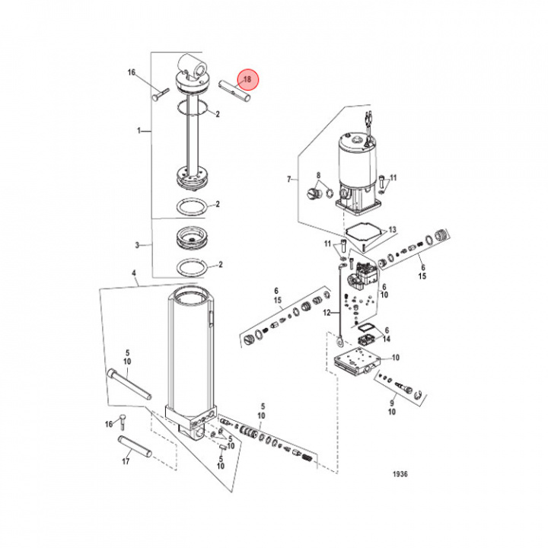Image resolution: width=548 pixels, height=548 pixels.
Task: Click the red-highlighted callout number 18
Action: (247, 79)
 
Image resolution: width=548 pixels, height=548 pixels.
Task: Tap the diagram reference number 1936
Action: (400, 474)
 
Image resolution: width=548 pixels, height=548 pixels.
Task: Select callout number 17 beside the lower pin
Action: (126, 461)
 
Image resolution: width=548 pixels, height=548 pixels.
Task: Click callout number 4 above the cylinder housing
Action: (133, 273)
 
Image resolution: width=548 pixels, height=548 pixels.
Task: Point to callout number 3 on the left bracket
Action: (137, 245)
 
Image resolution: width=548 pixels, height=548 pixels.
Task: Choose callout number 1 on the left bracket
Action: (139, 131)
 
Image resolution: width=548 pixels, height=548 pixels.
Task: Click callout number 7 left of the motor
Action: (289, 180)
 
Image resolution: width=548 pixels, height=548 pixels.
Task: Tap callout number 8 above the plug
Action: (318, 175)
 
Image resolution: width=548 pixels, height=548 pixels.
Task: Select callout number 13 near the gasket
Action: (393, 230)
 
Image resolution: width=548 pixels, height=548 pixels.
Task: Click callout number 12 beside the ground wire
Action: (327, 313)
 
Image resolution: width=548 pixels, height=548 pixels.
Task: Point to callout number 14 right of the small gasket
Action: (387, 339)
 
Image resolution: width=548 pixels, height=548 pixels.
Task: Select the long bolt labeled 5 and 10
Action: (129, 384)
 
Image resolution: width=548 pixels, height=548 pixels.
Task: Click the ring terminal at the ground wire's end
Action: (339, 341)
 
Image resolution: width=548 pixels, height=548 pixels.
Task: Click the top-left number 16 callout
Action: (132, 72)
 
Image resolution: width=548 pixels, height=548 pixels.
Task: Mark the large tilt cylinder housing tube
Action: (190, 349)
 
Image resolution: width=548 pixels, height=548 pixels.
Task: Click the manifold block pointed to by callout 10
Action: (355, 362)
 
